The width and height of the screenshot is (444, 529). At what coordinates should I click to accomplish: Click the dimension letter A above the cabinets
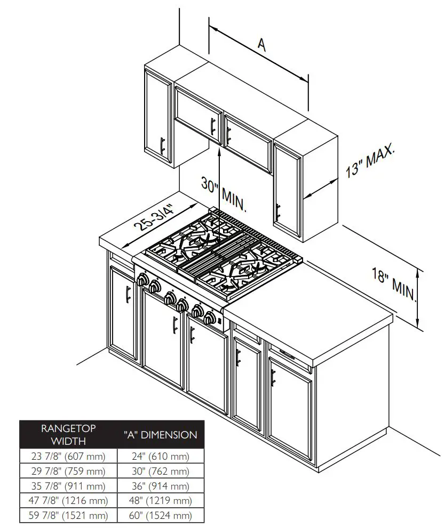tap(261, 45)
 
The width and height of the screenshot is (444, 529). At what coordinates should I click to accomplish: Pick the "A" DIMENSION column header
tap(160, 435)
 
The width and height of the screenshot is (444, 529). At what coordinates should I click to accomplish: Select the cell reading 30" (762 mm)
tap(160, 471)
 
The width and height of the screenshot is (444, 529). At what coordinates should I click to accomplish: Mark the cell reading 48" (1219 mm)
tap(160, 501)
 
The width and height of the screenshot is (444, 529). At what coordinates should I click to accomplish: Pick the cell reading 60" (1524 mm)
tap(160, 515)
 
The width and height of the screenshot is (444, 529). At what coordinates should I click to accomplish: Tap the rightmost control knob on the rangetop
tap(209, 319)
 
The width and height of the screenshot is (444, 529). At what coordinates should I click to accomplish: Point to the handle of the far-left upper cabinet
tap(162, 145)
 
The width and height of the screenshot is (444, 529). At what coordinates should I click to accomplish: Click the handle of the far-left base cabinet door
tap(127, 294)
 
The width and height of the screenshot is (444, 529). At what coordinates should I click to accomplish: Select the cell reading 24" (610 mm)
tap(160, 456)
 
